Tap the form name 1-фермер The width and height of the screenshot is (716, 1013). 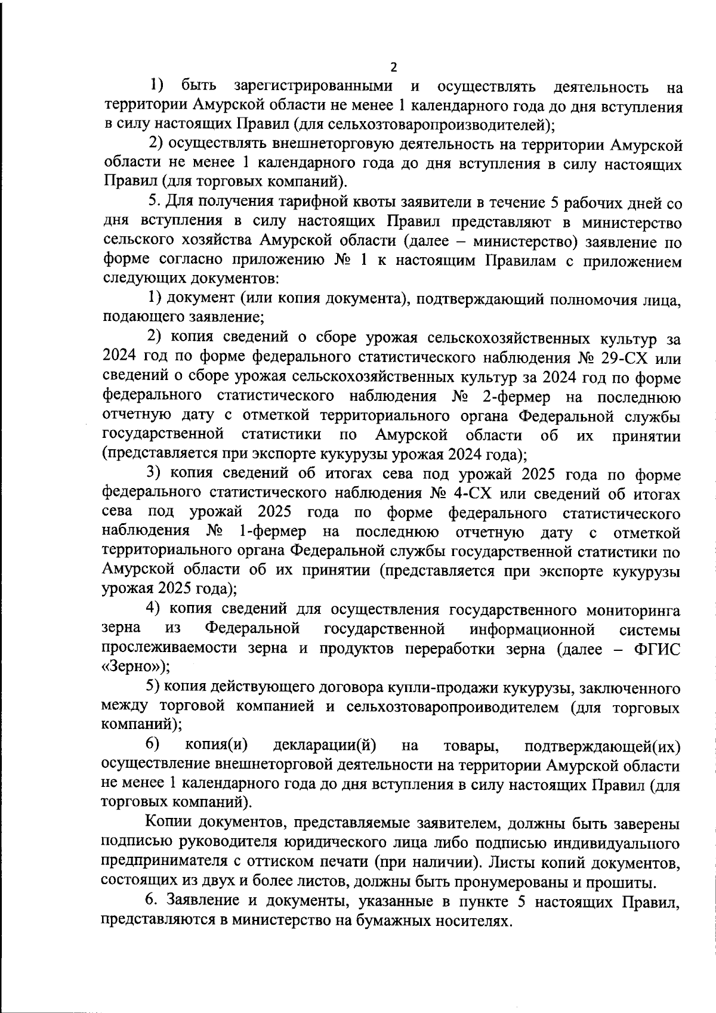click(273, 531)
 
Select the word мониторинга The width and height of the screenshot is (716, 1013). click(633, 610)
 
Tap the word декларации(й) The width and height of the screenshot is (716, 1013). click(324, 746)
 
